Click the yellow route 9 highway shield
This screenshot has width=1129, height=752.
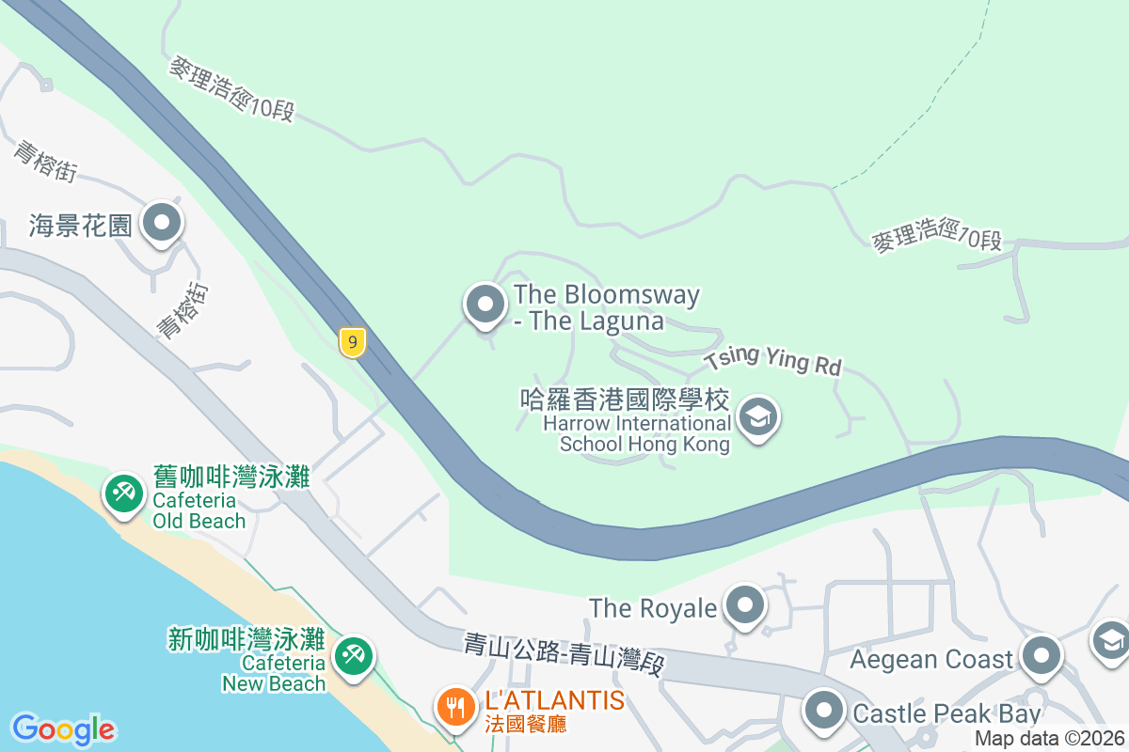point(352,342)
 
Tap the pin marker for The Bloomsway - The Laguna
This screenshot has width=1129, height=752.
point(485,305)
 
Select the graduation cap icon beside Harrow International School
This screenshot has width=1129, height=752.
point(757,417)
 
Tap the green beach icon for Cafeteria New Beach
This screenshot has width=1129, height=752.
point(354,654)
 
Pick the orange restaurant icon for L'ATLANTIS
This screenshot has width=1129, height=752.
point(456,705)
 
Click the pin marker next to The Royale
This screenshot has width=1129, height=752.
point(746,606)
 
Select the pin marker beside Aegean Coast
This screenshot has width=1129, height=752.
point(1042,657)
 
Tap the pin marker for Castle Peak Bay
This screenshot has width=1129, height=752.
point(825,712)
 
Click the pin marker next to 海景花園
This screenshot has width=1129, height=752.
point(163,224)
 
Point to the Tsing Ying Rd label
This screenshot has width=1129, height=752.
point(772,361)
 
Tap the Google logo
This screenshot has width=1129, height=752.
point(63,729)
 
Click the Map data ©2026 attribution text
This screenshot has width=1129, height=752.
point(1049,739)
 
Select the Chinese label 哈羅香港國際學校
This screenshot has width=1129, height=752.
point(625,399)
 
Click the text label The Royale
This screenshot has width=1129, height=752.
point(653,608)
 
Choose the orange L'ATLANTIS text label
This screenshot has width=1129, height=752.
point(554,700)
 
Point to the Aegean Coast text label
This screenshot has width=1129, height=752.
point(931,659)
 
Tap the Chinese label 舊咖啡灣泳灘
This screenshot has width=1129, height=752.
point(231,477)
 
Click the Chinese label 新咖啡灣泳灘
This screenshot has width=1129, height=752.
point(246,640)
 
